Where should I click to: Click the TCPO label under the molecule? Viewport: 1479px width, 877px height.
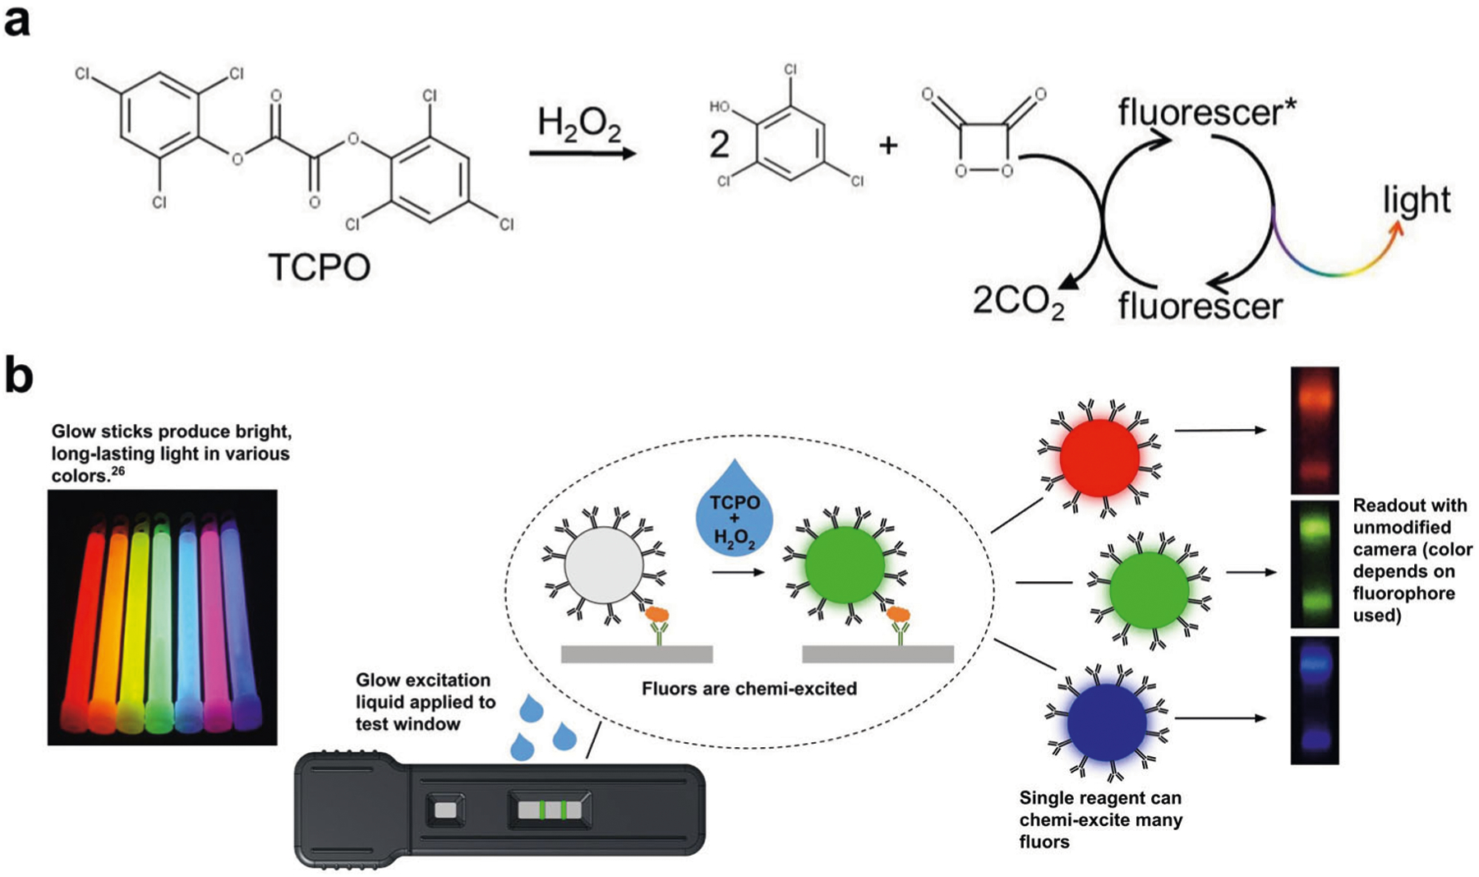[x=320, y=267]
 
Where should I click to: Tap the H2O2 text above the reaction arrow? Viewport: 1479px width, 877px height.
[x=579, y=124]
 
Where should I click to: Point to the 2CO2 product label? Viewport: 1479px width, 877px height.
[x=1019, y=302]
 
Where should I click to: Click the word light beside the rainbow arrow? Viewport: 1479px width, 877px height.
[x=1417, y=200]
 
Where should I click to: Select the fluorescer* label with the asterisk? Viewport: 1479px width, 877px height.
[x=1207, y=113]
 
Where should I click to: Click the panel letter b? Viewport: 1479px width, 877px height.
[x=19, y=376]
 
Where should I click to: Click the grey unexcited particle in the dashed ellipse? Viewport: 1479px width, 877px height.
[x=604, y=566]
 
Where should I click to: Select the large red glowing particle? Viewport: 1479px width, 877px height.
[x=1099, y=457]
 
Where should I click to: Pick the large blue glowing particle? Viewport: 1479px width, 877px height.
[x=1107, y=722]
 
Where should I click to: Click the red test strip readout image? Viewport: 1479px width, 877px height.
[x=1314, y=430]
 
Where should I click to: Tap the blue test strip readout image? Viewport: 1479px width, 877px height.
[x=1314, y=699]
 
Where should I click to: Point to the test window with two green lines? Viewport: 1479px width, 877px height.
[x=549, y=810]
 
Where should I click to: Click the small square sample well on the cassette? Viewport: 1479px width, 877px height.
[x=445, y=810]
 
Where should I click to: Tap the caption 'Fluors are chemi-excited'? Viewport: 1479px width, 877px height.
[x=749, y=689]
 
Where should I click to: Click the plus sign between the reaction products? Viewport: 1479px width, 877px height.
[x=888, y=145]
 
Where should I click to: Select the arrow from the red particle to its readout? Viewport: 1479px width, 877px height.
[x=1220, y=430]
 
